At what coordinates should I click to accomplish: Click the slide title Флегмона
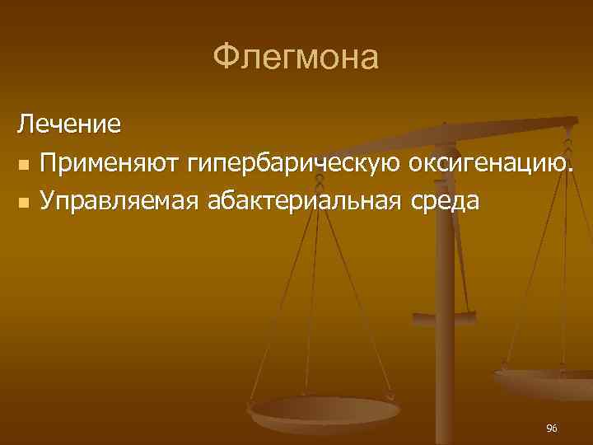point(296,58)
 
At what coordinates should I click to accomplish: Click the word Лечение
point(69,125)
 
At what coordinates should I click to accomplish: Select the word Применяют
point(111,163)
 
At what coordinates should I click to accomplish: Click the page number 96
point(552,428)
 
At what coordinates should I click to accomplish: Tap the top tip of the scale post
point(444,125)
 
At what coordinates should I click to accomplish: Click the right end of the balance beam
point(575,122)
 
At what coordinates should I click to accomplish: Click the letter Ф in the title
point(225,59)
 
